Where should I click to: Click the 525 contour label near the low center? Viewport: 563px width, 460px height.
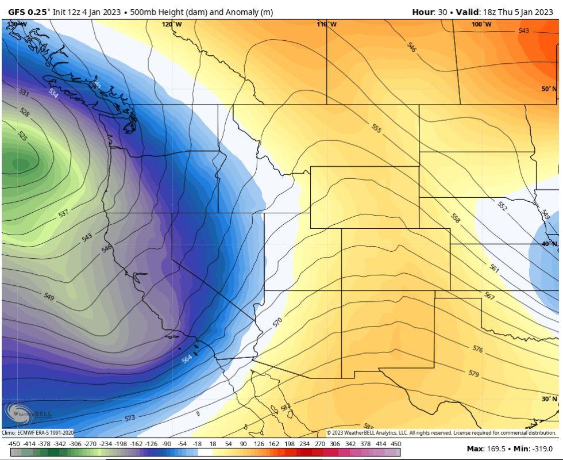(22, 136)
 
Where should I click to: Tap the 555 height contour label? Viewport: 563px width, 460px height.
(376, 128)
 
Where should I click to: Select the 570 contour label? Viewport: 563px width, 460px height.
(277, 322)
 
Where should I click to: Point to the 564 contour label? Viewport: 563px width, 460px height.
(187, 358)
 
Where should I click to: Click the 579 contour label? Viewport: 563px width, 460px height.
(473, 374)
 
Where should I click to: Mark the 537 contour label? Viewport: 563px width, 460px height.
(63, 213)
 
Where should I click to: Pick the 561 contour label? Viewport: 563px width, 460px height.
(495, 267)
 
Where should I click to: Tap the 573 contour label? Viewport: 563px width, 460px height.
(130, 417)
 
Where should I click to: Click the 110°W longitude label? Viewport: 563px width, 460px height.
(327, 24)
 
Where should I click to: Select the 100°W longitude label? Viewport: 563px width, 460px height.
(481, 24)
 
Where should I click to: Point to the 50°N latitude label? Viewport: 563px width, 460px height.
(549, 89)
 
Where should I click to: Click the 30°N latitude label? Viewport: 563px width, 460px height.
(549, 398)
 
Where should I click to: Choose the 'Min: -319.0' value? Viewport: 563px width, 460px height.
(532, 448)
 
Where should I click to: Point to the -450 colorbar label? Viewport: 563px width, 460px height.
(14, 443)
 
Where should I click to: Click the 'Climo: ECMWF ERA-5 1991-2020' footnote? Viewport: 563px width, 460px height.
(37, 433)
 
